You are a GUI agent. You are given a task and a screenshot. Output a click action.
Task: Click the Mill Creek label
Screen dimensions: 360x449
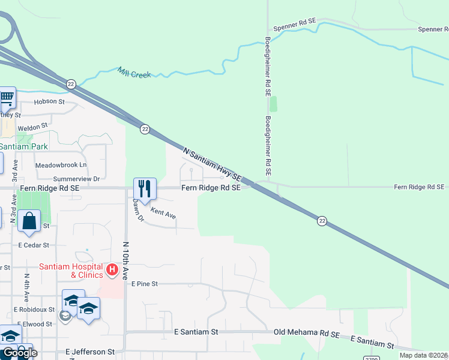tap(134, 73)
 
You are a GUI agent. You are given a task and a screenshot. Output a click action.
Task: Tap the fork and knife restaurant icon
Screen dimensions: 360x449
tap(145, 188)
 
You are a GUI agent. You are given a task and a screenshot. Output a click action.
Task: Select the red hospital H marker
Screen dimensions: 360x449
tap(112, 269)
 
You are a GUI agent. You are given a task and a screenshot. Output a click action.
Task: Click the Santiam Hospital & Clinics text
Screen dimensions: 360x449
tap(72, 271)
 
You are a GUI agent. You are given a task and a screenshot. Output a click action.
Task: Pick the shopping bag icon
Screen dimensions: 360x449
tap(29, 221)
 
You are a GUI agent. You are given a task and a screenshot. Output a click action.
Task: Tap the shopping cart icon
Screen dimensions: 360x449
tap(7, 97)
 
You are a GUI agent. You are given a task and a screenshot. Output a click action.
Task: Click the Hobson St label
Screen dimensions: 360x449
tap(49, 101)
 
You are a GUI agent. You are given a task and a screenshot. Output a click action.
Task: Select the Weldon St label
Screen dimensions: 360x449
tap(32, 127)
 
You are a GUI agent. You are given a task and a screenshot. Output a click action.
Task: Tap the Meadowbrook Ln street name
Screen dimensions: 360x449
tap(61, 164)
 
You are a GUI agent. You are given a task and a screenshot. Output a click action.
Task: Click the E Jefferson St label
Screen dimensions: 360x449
tap(89, 352)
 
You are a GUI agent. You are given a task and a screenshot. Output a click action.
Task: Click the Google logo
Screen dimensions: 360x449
tap(19, 353)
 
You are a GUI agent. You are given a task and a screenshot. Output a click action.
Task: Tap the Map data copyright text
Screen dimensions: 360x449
tap(423, 355)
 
